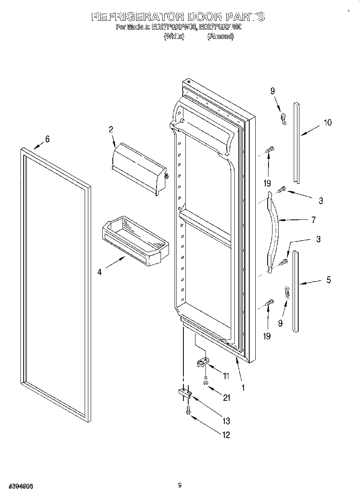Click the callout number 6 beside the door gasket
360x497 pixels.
coord(47,139)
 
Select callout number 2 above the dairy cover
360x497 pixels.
coord(111,129)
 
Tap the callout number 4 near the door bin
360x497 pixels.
coord(99,272)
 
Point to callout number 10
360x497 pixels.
coord(328,123)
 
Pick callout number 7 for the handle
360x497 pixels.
coord(313,220)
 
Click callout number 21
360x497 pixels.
coord(227,398)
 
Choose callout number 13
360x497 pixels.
coord(226,421)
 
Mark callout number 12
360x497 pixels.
coord(226,435)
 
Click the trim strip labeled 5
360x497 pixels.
coord(296,291)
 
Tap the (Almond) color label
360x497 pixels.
coord(220,37)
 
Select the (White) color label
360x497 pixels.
coord(174,37)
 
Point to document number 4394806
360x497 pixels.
coord(17,486)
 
